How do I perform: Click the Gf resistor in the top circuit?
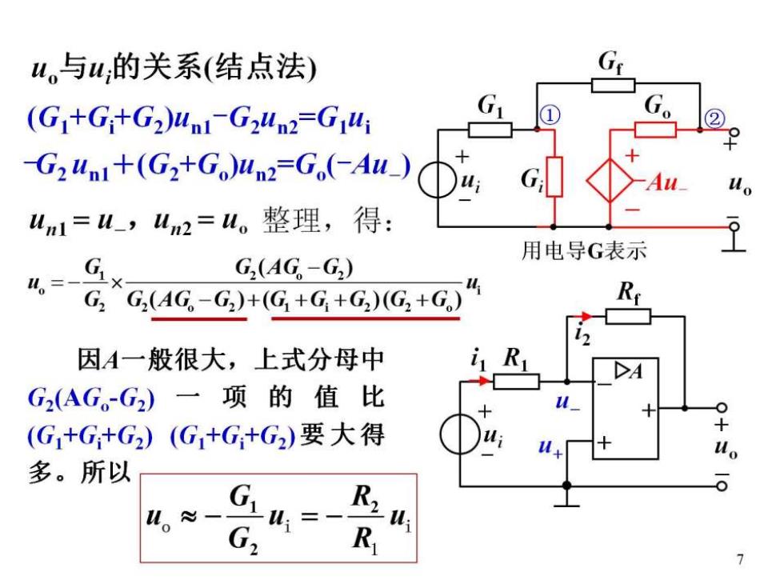613,86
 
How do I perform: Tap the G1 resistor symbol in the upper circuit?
490,130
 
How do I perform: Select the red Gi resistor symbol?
554,177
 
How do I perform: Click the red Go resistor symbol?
655,130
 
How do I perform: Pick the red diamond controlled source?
610,180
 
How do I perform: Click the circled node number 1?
550,115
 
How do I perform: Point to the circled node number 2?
714,119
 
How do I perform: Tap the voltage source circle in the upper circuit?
438,179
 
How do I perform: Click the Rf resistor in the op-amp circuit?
628,317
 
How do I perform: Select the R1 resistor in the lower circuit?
516,382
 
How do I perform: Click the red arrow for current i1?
480,381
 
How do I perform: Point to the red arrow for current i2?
583,316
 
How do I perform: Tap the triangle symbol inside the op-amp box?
622,370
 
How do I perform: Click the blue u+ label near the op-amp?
550,446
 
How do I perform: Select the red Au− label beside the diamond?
666,182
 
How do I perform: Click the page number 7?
740,559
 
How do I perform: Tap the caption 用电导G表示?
584,250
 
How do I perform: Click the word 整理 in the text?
291,220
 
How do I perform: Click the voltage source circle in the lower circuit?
459,434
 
